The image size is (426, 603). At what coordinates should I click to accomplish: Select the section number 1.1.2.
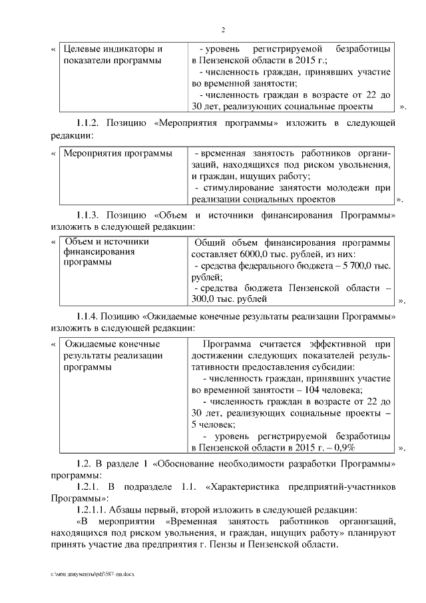tap(88, 123)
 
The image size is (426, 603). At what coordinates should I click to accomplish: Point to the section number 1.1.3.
tap(88, 216)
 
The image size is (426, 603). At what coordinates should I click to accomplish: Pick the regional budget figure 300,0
tap(205, 300)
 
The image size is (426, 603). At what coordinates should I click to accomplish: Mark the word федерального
tap(266, 266)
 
